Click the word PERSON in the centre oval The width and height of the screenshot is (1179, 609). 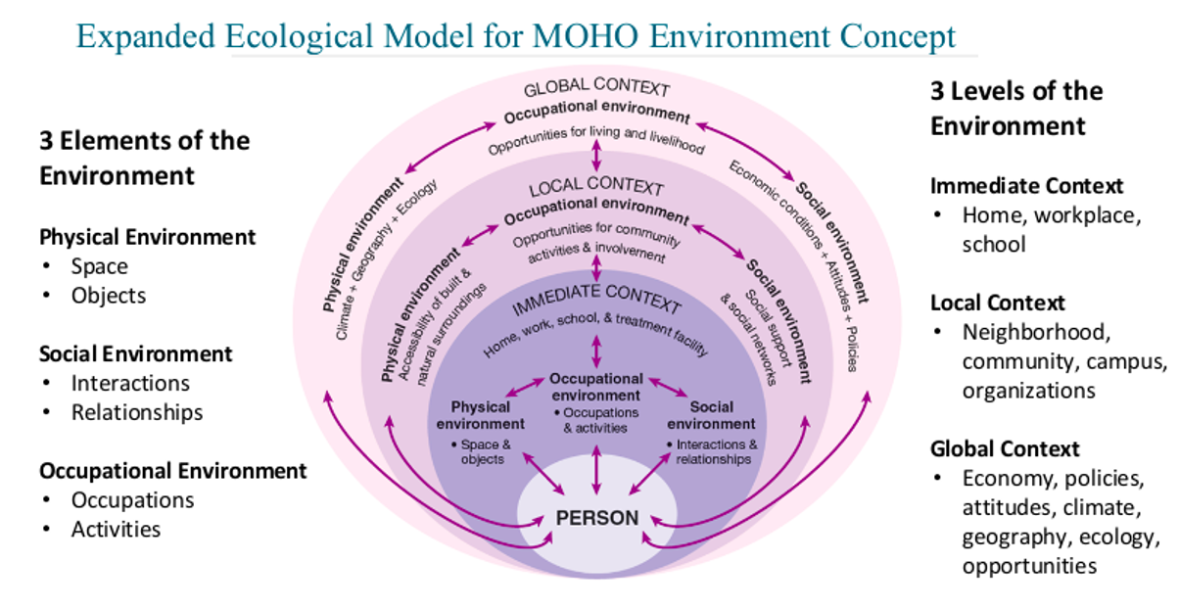click(x=596, y=518)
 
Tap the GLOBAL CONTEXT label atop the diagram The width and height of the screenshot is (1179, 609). click(x=596, y=91)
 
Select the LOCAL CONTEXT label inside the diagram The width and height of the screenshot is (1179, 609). click(x=596, y=187)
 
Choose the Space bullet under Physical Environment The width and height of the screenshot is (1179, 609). click(x=99, y=266)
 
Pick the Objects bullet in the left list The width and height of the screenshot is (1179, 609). click(x=108, y=296)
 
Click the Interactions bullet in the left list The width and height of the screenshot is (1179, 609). click(x=130, y=383)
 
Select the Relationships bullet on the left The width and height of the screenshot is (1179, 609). click(x=137, y=412)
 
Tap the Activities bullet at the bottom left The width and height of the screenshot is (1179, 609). click(x=116, y=530)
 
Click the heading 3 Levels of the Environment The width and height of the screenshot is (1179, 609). click(x=1015, y=108)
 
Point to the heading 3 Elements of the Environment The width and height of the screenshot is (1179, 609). click(x=144, y=158)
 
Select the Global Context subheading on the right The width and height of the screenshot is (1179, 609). click(x=1005, y=449)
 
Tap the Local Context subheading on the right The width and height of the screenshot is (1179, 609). click(x=998, y=303)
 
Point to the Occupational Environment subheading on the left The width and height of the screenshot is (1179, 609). click(x=172, y=471)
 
